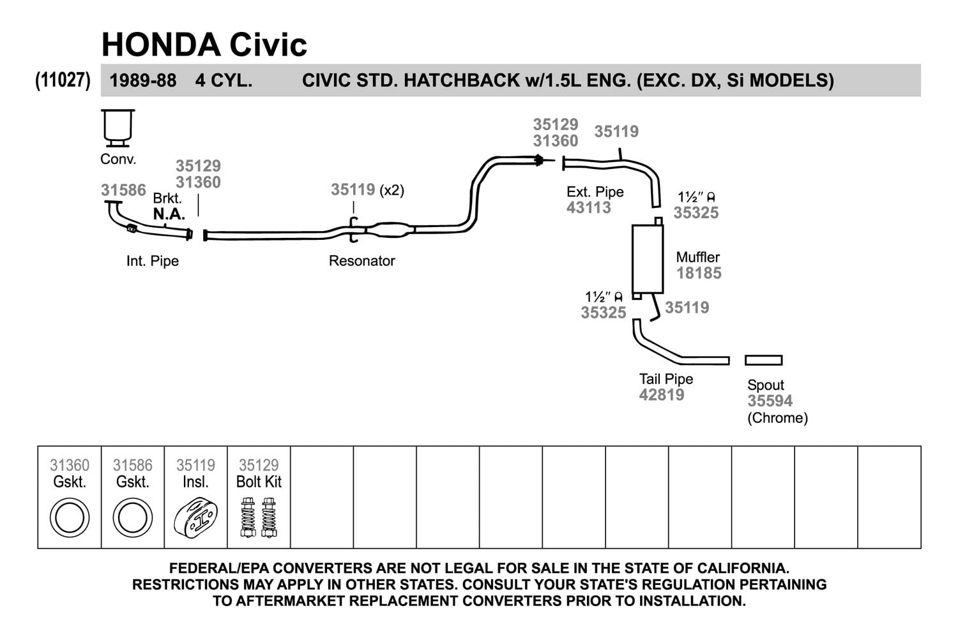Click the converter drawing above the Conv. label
[x=119, y=128]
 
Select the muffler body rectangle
[x=648, y=258]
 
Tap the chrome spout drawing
[x=763, y=360]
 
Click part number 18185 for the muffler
[x=699, y=273]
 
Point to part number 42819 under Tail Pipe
[x=662, y=395]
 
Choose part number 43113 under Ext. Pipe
[x=589, y=207]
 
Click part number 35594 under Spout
[x=770, y=401]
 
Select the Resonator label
[x=361, y=261]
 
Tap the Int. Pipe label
[x=153, y=261]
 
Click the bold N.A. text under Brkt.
[x=169, y=214]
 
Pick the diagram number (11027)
[x=63, y=80]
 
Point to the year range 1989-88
[x=143, y=81]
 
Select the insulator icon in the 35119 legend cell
[x=195, y=518]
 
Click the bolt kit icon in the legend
[x=259, y=517]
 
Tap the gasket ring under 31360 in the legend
[x=69, y=518]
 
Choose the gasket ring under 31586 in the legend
[x=132, y=518]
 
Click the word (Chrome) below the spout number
[x=777, y=418]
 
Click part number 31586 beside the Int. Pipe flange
[x=123, y=190]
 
